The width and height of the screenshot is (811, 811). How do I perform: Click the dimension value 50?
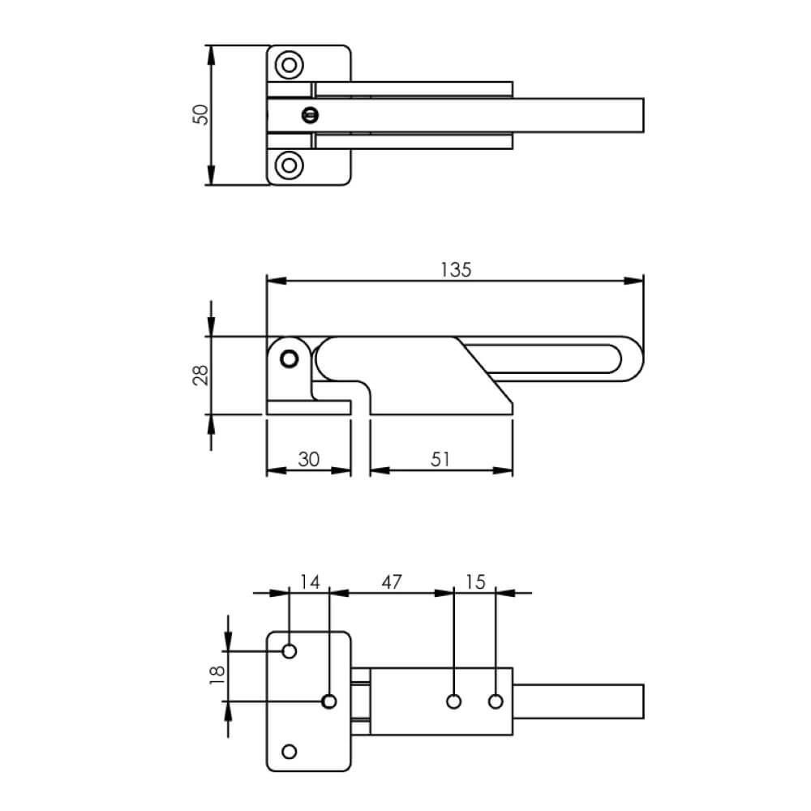(x=200, y=114)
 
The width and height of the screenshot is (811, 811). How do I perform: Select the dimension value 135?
(x=456, y=269)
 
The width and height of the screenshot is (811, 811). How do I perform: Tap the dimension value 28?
(x=200, y=375)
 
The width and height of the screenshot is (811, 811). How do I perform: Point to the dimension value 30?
(x=309, y=459)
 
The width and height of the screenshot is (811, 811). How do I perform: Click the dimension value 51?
(x=440, y=459)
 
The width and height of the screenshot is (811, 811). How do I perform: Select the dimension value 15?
(x=475, y=581)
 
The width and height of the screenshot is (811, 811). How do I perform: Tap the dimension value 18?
(x=217, y=676)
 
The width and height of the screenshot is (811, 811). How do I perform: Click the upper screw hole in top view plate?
(x=289, y=64)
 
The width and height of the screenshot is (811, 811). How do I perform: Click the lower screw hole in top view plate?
(x=289, y=165)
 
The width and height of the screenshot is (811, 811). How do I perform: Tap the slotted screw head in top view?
(x=309, y=114)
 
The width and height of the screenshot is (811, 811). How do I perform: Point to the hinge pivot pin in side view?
(x=289, y=358)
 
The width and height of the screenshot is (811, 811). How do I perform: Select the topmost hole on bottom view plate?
(x=290, y=650)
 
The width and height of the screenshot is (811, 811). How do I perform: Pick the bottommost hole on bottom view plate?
(x=290, y=751)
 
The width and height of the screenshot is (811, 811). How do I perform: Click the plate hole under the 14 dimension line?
(x=329, y=701)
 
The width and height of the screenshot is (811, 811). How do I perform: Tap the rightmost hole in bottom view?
(x=495, y=701)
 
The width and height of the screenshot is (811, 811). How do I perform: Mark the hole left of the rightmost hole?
(x=455, y=701)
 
